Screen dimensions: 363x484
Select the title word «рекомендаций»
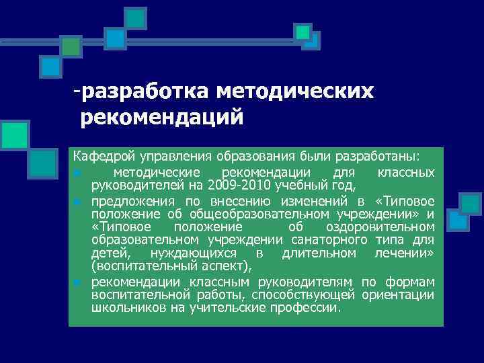pos(161,118)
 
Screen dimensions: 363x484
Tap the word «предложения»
pos(132,201)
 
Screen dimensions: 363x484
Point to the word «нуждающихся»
pos(195,253)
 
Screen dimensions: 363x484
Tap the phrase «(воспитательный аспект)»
pos(171,266)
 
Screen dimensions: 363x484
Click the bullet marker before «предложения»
pos(79,202)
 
